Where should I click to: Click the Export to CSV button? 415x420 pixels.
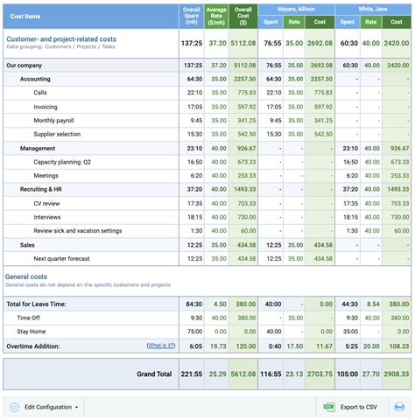tap(351, 407)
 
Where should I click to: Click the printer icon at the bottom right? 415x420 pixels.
tap(399, 407)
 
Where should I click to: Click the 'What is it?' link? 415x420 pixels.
tap(161, 346)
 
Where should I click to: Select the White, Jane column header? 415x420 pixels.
tap(373, 8)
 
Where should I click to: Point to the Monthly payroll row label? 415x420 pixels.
tap(56, 120)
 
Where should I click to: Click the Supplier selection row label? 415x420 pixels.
tap(58, 134)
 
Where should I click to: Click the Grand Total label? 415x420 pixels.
tap(154, 374)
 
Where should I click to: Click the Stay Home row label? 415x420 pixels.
tap(32, 332)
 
